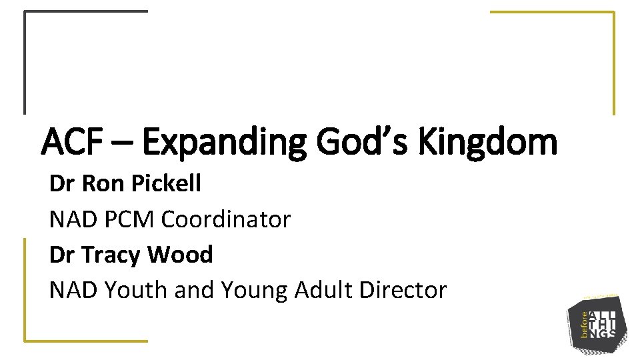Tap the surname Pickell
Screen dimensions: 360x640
coord(166,184)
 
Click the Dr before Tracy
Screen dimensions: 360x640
coord(62,255)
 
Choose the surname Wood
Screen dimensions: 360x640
coord(180,255)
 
